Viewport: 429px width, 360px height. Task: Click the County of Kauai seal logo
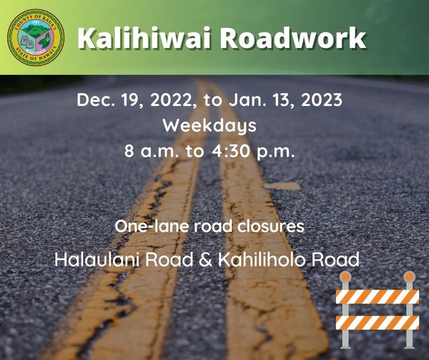coord(35,37)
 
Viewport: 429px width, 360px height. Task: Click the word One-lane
coord(146,227)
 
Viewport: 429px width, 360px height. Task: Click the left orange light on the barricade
coord(346,277)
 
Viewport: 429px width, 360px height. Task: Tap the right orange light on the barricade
coord(408,276)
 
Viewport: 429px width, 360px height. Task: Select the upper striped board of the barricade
coord(377,296)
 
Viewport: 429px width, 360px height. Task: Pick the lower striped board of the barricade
coord(377,322)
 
